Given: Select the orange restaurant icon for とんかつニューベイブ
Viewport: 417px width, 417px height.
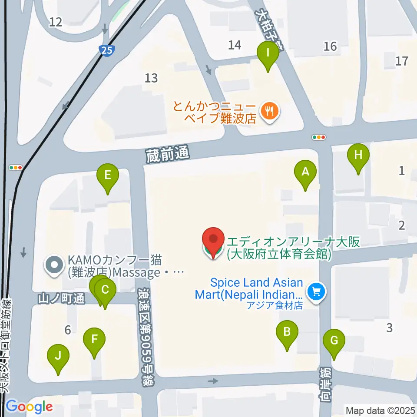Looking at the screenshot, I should pos(270,111).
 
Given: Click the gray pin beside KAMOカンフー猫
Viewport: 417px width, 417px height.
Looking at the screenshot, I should pos(54,266).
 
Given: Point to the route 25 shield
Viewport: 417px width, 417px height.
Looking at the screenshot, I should pos(107,50).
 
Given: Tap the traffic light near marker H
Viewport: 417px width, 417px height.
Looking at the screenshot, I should pos(319,137).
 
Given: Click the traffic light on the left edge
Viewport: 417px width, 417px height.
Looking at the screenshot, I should pos(16,167).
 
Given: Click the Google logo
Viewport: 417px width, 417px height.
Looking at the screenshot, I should pos(29,407).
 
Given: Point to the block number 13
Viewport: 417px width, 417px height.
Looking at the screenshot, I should pos(151,78).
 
